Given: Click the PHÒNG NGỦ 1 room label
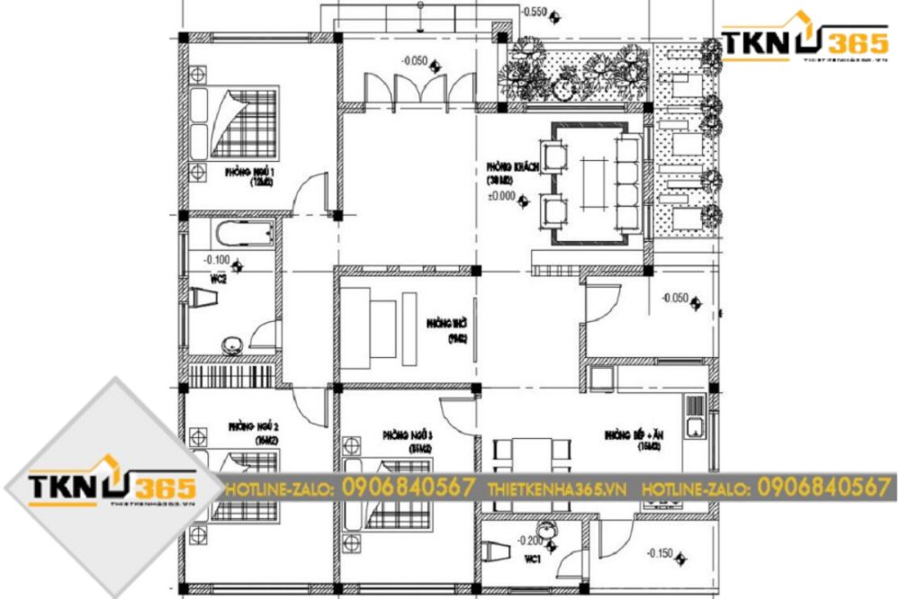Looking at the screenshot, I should pos(228,172).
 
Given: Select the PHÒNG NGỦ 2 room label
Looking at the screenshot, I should pos(248,425).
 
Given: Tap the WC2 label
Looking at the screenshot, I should pos(217,279).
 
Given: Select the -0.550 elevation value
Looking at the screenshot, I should pos(535,13).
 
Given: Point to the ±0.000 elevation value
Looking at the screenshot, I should pos(500,195).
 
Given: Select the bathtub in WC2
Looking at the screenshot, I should pos(243,235).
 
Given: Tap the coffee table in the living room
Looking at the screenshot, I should pos(594,183).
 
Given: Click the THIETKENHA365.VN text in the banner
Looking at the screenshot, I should pos(555,487).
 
